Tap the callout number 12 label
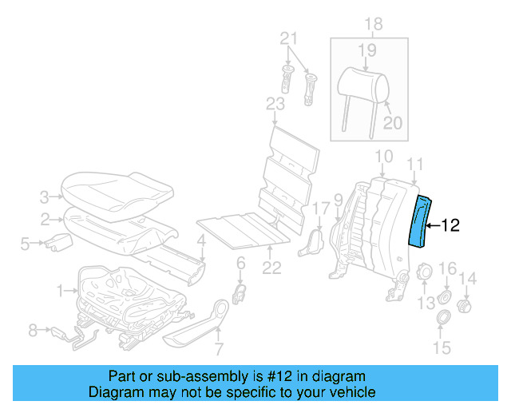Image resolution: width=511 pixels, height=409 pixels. click(x=450, y=226)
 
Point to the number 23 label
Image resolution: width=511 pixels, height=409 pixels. click(x=275, y=104)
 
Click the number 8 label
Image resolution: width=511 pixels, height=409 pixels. click(x=33, y=328)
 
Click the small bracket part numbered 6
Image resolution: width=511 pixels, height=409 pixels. click(x=239, y=293)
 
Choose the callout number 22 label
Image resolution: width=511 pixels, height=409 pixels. click(x=272, y=268)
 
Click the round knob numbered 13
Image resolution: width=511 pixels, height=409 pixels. click(x=424, y=274)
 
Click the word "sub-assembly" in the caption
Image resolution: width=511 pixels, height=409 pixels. click(x=189, y=376)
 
